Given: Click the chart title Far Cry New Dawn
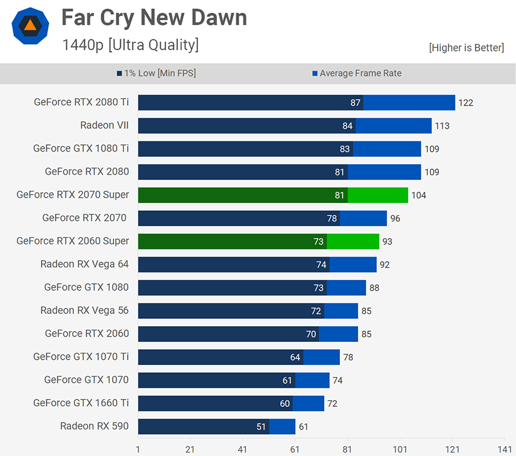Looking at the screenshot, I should pos(154,18).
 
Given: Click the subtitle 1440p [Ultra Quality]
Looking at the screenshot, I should pos(130,45).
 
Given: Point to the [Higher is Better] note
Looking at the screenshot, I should pos(466,47).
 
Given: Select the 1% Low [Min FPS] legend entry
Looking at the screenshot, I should pos(156,73).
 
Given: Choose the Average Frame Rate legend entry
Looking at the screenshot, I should pos(356,73).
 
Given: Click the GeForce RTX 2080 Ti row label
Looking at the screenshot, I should pos(81,102).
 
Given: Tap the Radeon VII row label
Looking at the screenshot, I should pos(104,126).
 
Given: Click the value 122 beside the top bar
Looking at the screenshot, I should pos(466,102).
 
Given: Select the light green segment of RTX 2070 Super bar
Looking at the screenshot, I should pos(378,195).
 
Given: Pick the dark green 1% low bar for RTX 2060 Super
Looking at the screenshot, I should pos(232,241).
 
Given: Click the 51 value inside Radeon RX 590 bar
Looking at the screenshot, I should pos(261,426).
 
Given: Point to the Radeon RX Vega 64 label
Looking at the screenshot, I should pos(84,264).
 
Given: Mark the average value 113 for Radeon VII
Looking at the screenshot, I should pos(442,126).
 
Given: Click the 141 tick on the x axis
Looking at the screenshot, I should pos(504,449).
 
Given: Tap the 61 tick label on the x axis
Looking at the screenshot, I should pos(295,449).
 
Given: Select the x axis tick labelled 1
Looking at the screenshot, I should pos(138,449).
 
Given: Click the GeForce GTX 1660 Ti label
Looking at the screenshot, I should pos(81,403).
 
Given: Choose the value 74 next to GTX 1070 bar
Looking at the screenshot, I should pos(338,380).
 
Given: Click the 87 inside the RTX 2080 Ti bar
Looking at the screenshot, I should pos(355,102).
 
